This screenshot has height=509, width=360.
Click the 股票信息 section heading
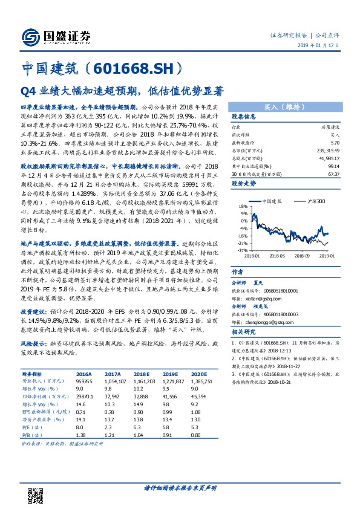(x=244, y=117)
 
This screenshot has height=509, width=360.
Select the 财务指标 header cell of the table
(x=34, y=374)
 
